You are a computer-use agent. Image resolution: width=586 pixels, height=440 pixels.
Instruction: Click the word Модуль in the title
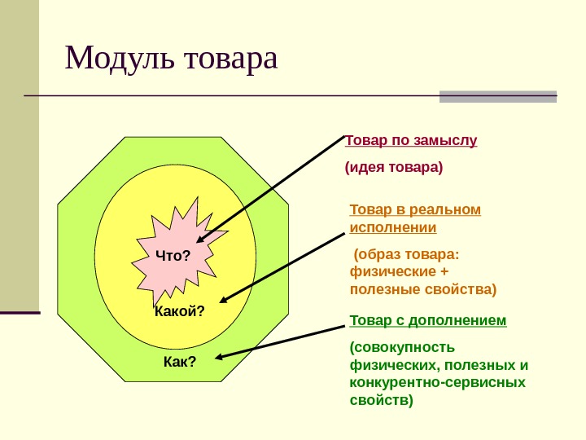tap(121, 59)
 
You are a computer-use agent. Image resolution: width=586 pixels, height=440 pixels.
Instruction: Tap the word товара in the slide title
tap(232, 59)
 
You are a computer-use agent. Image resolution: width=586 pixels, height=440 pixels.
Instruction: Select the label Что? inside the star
tap(173, 257)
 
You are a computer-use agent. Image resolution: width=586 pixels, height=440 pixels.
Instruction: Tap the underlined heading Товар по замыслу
tap(411, 140)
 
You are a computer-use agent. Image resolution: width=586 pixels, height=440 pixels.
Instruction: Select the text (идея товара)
tap(394, 168)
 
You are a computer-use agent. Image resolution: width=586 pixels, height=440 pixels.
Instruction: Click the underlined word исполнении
tap(392, 227)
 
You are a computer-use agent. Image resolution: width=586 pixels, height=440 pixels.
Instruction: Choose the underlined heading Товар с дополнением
tap(428, 320)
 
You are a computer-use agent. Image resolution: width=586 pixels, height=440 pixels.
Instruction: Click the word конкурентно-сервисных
tap(437, 382)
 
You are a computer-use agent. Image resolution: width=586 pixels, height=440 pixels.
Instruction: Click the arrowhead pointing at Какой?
tap(225, 298)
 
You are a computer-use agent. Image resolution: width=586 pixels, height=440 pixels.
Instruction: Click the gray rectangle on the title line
tap(497, 96)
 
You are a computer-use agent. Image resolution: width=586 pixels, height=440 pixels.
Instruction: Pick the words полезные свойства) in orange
tap(422, 288)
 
